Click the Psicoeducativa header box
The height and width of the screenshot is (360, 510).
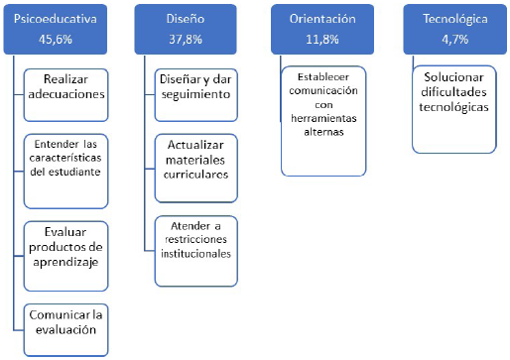click(56, 29)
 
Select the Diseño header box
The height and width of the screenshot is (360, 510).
click(186, 29)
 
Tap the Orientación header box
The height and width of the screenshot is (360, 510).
click(322, 29)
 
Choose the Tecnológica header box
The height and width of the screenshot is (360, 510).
click(455, 29)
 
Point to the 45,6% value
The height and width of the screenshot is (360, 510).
click(56, 40)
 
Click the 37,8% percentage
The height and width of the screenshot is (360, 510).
click(186, 40)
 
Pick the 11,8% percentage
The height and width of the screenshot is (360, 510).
click(322, 40)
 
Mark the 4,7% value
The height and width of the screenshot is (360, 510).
click(455, 40)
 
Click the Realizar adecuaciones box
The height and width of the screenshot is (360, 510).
click(65, 95)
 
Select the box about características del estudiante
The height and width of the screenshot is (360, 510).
click(65, 172)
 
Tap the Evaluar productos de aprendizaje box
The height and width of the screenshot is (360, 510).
click(65, 256)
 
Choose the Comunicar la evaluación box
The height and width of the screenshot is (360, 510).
click(65, 330)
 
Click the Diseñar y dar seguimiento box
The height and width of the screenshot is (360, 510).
click(196, 95)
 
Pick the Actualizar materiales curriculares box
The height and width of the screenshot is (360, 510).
click(196, 168)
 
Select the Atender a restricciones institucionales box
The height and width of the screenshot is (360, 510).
click(196, 251)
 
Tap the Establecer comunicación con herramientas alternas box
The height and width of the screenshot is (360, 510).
click(323, 121)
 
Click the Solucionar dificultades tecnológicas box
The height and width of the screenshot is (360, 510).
click(454, 109)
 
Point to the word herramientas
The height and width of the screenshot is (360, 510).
click(323, 118)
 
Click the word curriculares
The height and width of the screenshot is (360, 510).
click(195, 175)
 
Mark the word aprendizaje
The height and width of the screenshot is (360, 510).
click(65, 262)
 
